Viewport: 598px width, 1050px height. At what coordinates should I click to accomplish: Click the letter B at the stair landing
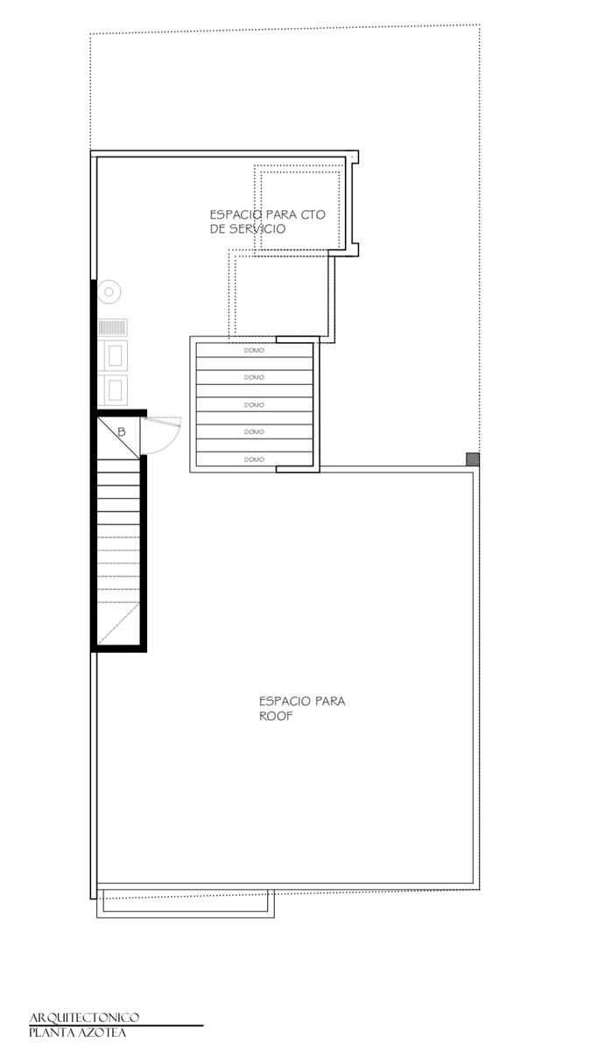pos(122,431)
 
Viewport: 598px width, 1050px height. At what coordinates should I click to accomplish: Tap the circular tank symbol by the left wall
pos(109,292)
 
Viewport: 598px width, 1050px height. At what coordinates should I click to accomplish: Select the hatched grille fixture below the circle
pos(113,327)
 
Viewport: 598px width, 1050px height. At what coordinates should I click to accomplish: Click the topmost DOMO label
pos(254,350)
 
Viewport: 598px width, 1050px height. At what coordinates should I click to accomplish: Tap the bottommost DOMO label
pos(254,459)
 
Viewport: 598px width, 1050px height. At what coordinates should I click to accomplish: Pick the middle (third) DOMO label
pos(254,404)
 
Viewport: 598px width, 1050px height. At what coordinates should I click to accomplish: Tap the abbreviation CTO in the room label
pos(313,214)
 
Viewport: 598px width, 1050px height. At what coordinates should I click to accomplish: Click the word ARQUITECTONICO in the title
pos(84,1017)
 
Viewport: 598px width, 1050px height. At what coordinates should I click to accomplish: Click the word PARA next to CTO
pos(281,214)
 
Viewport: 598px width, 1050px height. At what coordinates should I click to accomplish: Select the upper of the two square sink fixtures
pos(113,356)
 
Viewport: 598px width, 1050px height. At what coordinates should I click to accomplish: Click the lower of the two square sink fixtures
pos(113,390)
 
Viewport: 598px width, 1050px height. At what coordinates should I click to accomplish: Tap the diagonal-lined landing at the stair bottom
pos(119,625)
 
